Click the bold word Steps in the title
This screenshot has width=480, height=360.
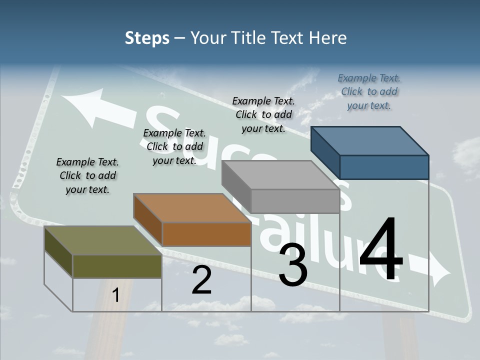tap(147, 38)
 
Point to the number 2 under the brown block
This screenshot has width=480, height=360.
tap(201, 279)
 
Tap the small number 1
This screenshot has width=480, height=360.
tap(115, 295)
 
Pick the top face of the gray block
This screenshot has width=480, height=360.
tap(280, 175)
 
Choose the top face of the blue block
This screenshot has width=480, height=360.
tap(370, 140)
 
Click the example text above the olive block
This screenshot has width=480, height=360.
tap(87, 175)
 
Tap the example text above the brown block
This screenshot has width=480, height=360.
tap(174, 146)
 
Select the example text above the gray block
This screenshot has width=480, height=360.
tap(263, 114)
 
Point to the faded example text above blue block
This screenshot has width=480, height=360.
tap(369, 91)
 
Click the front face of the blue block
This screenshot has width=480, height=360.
tap(384, 167)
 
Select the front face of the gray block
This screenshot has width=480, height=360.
tap(295, 201)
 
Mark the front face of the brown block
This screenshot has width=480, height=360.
tap(206, 234)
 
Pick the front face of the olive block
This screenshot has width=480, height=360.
tap(117, 266)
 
